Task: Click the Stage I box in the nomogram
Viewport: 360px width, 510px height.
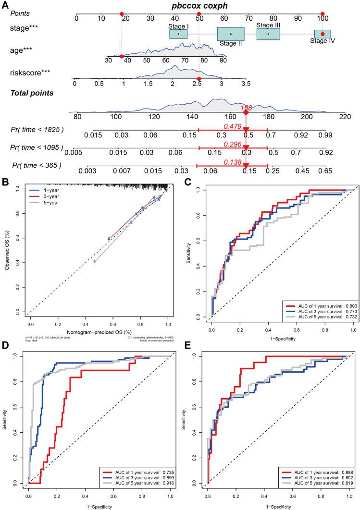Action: pyautogui.click(x=178, y=34)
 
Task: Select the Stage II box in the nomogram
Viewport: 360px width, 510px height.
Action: pyautogui.click(x=231, y=34)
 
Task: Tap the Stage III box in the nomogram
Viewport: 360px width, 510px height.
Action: pyautogui.click(x=268, y=34)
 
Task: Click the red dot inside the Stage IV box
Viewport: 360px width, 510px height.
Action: pyautogui.click(x=323, y=34)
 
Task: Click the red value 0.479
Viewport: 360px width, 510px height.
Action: pyautogui.click(x=232, y=126)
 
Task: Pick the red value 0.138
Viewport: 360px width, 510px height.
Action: pyautogui.click(x=232, y=162)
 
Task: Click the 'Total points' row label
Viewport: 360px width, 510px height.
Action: pyautogui.click(x=33, y=93)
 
